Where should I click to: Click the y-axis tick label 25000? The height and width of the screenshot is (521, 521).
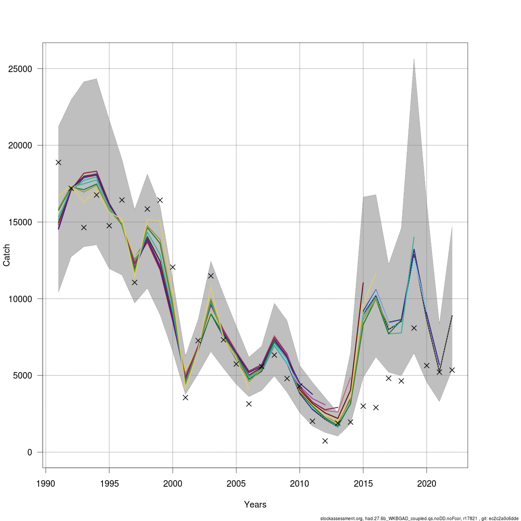(x=20, y=69)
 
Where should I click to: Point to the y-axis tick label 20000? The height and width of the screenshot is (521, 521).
(x=20, y=145)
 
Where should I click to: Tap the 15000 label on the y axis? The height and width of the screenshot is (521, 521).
(x=20, y=222)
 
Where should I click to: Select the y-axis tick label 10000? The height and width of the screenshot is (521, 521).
(x=20, y=299)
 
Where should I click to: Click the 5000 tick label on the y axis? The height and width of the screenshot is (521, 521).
(x=23, y=376)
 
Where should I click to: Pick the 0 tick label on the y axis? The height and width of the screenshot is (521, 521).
(x=30, y=452)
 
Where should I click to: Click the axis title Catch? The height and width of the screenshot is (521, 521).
(x=7, y=255)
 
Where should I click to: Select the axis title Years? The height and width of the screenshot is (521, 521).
(x=255, y=505)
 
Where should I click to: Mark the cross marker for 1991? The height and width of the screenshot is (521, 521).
(x=58, y=162)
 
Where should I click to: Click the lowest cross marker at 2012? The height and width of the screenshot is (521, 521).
(x=325, y=441)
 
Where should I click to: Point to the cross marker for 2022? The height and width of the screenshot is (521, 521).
(x=452, y=370)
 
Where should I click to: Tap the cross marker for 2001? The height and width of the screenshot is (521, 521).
(x=185, y=397)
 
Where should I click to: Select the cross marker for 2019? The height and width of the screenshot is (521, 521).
(x=414, y=328)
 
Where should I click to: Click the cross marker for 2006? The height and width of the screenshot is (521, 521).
(x=249, y=404)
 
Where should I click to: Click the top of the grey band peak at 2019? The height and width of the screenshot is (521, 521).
(x=414, y=59)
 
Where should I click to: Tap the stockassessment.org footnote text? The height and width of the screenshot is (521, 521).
(x=419, y=518)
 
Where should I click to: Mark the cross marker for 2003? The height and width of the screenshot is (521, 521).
(x=211, y=276)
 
